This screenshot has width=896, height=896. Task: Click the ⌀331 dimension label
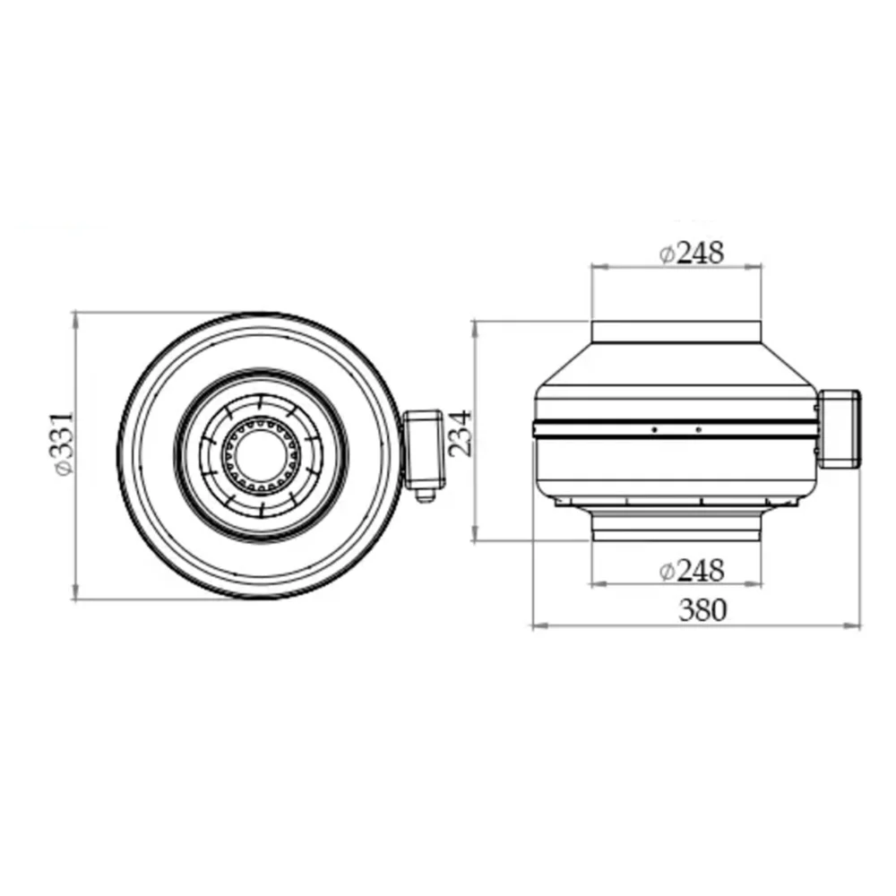[64, 443]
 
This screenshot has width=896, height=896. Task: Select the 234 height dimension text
[460, 433]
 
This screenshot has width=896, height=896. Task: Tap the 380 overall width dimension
[702, 609]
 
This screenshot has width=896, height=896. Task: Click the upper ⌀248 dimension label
[692, 253]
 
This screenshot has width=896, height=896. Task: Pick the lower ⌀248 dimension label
[692, 570]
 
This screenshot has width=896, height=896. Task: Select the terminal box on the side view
[839, 428]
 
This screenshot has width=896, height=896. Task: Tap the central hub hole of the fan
[260, 455]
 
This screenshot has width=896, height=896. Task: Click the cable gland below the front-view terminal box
[424, 495]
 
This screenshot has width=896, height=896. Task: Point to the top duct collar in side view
[676, 332]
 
